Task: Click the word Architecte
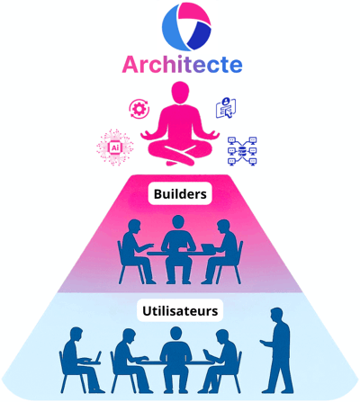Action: pyautogui.click(x=182, y=65)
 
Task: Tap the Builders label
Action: pyautogui.click(x=180, y=194)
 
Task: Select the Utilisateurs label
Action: pyautogui.click(x=180, y=310)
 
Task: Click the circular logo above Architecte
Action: pyautogui.click(x=186, y=27)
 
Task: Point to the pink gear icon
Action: pyautogui.click(x=139, y=109)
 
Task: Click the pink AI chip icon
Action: pyautogui.click(x=115, y=147)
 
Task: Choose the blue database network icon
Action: pyautogui.click(x=242, y=151)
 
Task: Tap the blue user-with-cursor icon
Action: pyautogui.click(x=226, y=108)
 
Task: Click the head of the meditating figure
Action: pyautogui.click(x=180, y=92)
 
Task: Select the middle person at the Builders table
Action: pyautogui.click(x=178, y=249)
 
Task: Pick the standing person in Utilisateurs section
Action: pyautogui.click(x=275, y=350)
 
